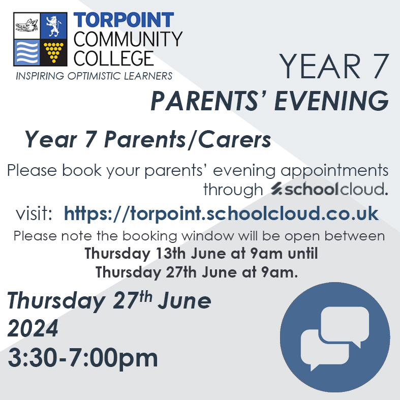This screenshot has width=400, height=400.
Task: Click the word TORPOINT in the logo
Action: (x=124, y=20)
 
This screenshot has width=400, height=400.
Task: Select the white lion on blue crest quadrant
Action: (x=54, y=26)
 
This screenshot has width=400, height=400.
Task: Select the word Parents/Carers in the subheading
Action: (x=188, y=139)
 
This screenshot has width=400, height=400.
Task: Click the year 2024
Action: (x=33, y=329)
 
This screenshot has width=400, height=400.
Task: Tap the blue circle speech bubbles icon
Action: (x=335, y=337)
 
